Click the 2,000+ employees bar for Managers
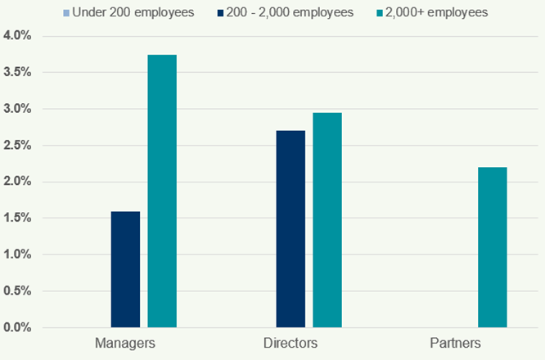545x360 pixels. (161, 191)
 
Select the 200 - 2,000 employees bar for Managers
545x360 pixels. (125, 269)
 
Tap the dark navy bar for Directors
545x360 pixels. (291, 229)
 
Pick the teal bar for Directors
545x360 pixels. (327, 220)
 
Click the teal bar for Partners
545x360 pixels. (493, 247)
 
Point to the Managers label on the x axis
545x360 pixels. (125, 342)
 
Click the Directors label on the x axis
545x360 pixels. (291, 342)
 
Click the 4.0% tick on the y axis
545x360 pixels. (16, 36)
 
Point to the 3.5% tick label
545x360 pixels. (16, 73)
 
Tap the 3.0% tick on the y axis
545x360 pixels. (16, 109)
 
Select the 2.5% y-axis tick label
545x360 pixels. (16, 146)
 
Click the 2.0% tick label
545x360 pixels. (16, 182)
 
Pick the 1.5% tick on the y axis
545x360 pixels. (16, 218)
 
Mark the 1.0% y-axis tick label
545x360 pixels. (16, 254)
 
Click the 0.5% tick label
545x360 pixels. (16, 291)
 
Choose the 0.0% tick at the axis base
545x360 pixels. (16, 327)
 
